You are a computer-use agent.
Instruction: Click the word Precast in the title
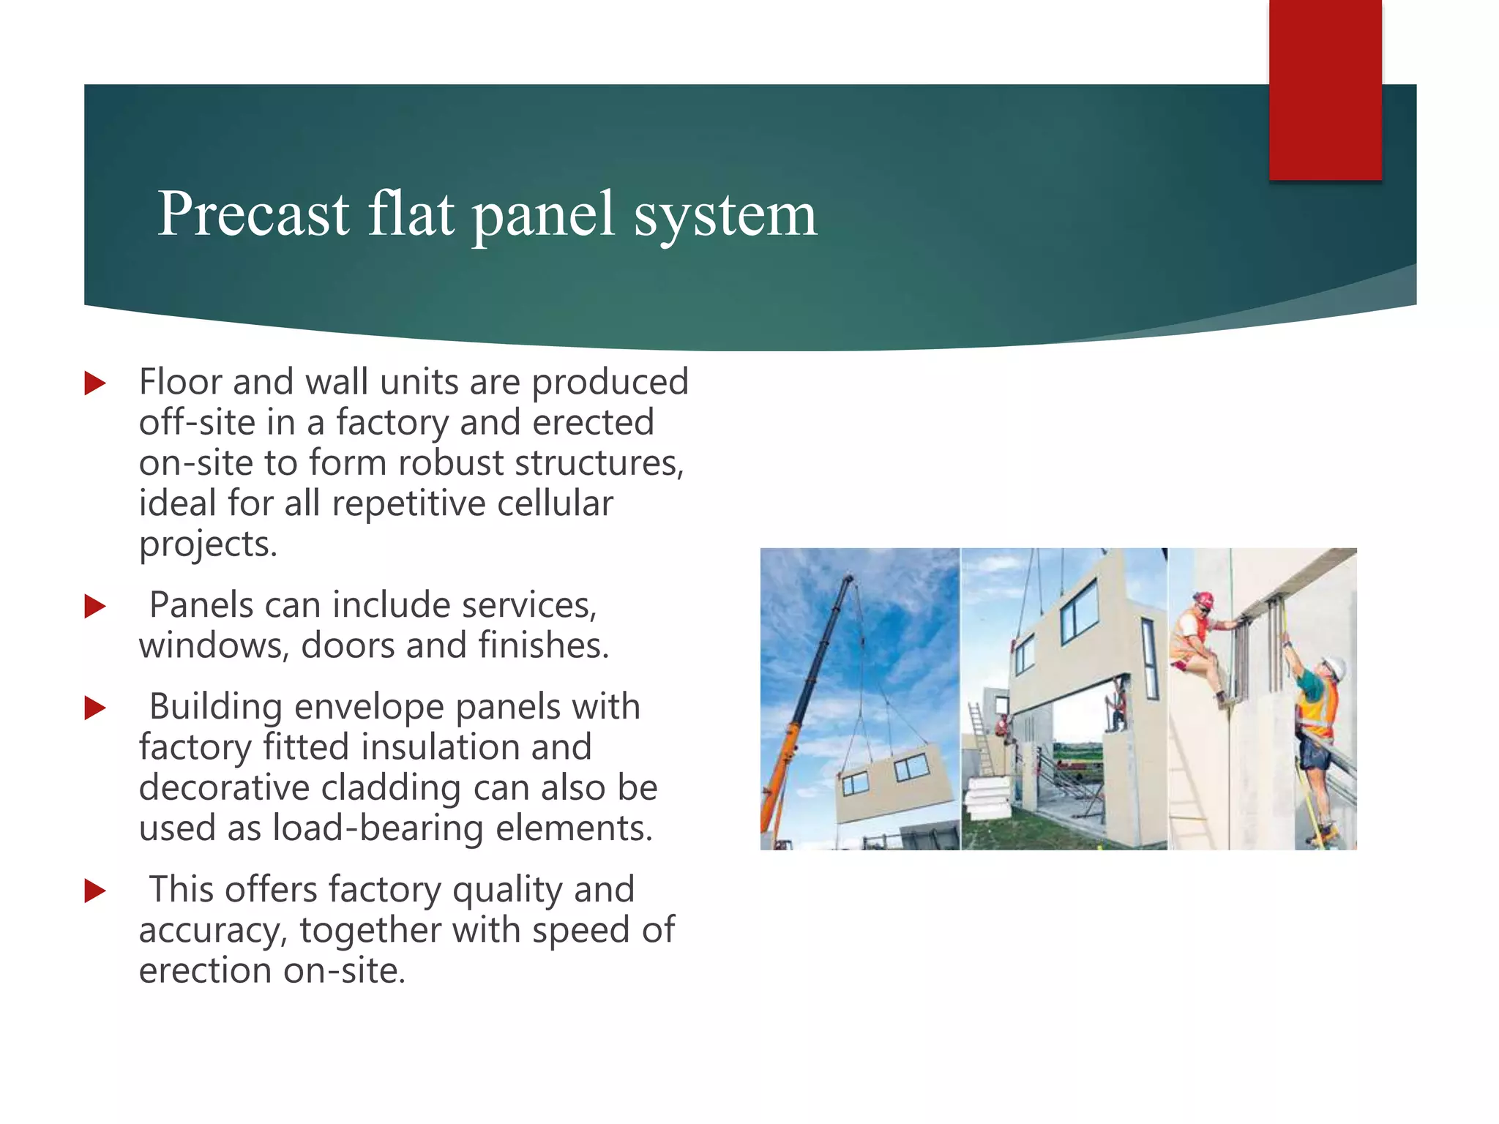253,214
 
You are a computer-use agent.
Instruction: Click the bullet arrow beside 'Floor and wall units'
95,383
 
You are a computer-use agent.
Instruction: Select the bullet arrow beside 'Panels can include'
95,606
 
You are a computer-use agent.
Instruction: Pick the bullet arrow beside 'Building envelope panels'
95,708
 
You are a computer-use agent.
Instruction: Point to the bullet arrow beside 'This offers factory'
95,891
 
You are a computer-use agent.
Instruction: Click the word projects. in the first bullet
208,544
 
